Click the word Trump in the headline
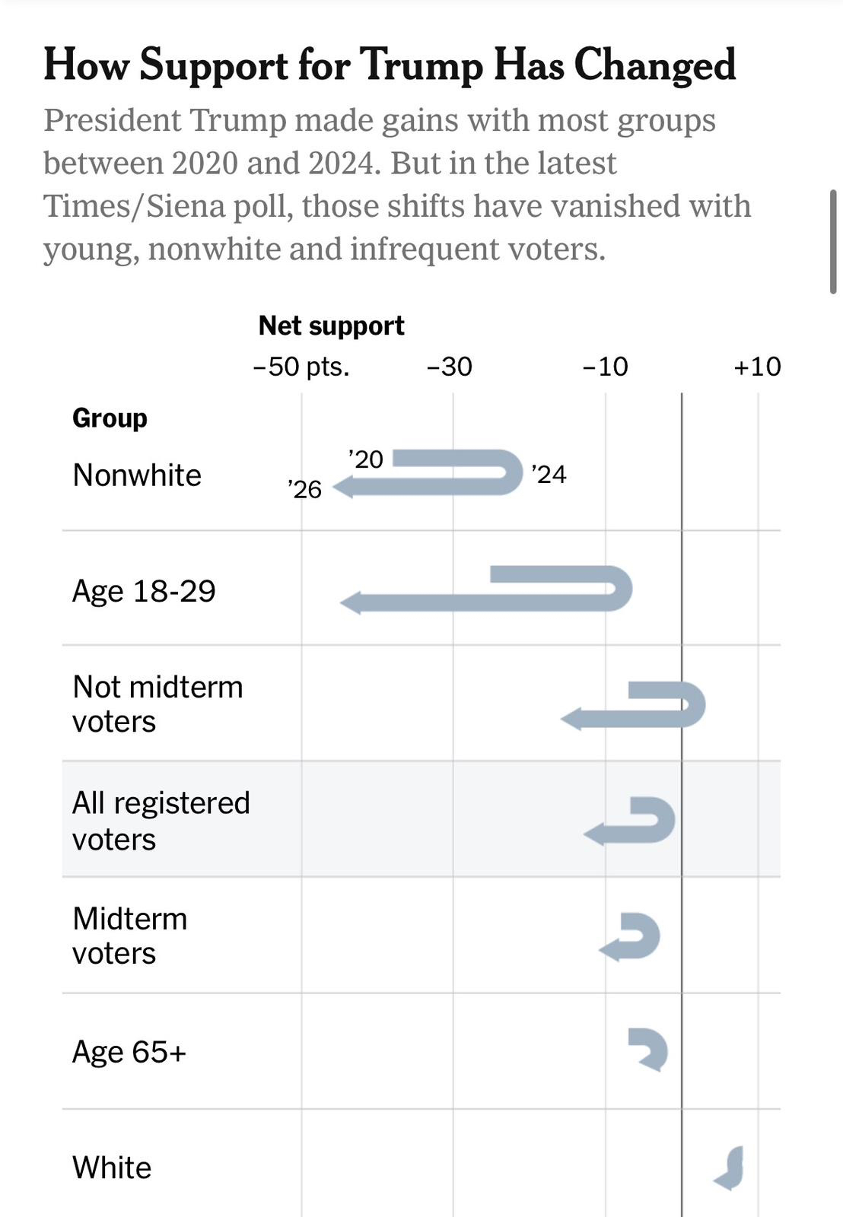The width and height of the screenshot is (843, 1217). click(x=421, y=65)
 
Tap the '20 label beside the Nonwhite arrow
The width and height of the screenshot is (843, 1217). click(x=366, y=459)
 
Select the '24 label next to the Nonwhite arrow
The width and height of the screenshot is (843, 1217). click(x=549, y=475)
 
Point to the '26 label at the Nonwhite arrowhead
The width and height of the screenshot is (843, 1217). click(x=305, y=489)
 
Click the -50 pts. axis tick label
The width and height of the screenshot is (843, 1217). click(x=301, y=367)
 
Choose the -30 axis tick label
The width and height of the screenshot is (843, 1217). click(x=450, y=367)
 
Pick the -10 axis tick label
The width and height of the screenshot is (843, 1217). click(x=606, y=367)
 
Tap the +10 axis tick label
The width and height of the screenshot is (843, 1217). click(x=757, y=367)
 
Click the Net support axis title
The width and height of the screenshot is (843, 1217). click(x=331, y=326)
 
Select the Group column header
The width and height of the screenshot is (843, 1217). click(x=110, y=418)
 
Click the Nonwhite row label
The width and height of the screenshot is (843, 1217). click(x=137, y=475)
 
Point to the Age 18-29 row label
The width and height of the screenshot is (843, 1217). click(x=144, y=591)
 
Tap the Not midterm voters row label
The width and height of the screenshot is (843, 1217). click(x=157, y=704)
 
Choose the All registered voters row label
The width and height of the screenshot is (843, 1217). click(x=161, y=821)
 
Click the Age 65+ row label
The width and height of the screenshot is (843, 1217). click(x=129, y=1052)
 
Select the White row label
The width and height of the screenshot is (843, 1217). click(x=112, y=1168)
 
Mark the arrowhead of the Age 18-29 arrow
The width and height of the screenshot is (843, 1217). click(x=351, y=604)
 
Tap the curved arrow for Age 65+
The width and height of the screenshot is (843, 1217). click(x=650, y=1049)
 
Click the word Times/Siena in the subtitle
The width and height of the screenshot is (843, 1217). click(x=168, y=206)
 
